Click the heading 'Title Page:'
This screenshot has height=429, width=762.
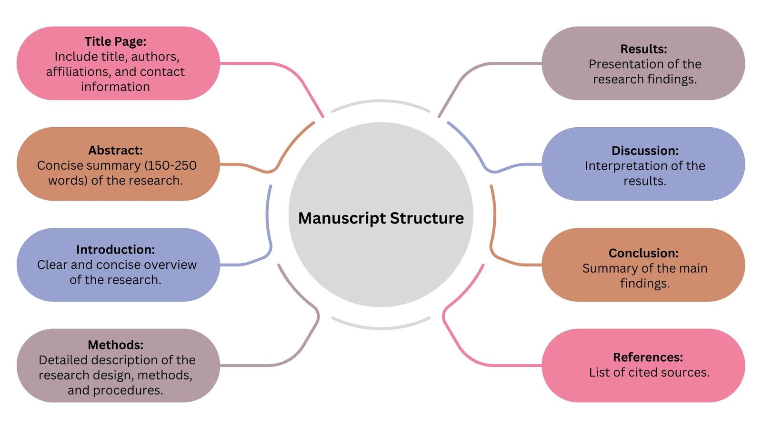pyautogui.click(x=115, y=41)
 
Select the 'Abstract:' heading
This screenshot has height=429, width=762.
pyautogui.click(x=115, y=150)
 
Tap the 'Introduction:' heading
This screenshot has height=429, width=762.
pyautogui.click(x=115, y=250)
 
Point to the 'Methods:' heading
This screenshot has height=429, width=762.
pyautogui.click(x=115, y=345)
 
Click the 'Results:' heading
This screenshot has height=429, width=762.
pyautogui.click(x=643, y=49)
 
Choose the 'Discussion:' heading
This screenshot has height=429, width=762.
pyautogui.click(x=645, y=151)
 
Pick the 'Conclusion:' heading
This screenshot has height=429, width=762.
pyautogui.click(x=643, y=253)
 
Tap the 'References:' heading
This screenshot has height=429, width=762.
pyautogui.click(x=648, y=357)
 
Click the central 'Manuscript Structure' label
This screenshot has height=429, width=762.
pyautogui.click(x=381, y=218)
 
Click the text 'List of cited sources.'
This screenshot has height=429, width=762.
pyautogui.click(x=649, y=372)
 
